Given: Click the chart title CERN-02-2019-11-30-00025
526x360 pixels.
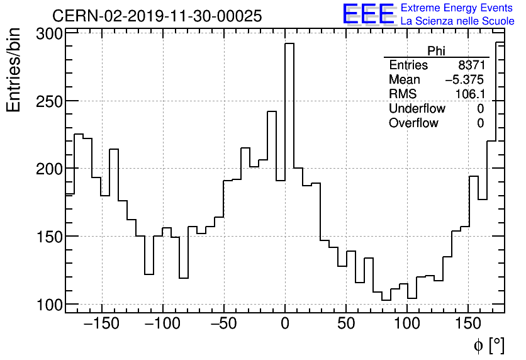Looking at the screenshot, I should tap(157, 16).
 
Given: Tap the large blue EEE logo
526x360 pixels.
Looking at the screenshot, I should tap(368, 14).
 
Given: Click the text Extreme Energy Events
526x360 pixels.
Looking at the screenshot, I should tap(457, 8).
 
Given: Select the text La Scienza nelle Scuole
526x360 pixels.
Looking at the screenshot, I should tap(457, 21).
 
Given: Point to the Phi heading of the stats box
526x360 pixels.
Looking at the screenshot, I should tap(437, 51).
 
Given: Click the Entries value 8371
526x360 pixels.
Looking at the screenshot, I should tap(472, 65).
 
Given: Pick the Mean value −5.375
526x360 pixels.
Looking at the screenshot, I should tap(464, 80).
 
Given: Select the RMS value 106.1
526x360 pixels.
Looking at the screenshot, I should tap(469, 94).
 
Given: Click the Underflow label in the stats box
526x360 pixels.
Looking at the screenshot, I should tap(417, 109).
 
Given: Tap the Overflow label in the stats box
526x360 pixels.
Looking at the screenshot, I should tap(413, 123).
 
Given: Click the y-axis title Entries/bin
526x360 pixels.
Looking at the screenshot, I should tap(14, 70).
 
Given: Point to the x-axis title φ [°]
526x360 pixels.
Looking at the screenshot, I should tap(489, 345).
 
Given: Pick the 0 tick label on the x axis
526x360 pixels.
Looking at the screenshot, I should tap(285, 324).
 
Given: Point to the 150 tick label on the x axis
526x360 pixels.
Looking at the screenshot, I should tap(469, 324).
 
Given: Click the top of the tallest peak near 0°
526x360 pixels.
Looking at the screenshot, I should tap(289, 43).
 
